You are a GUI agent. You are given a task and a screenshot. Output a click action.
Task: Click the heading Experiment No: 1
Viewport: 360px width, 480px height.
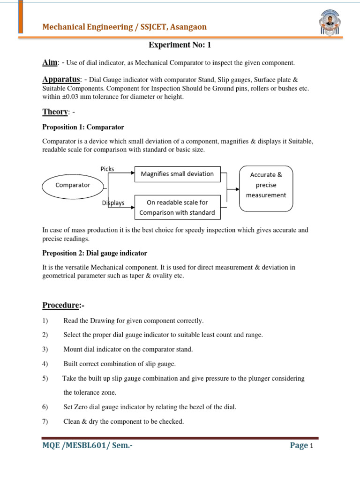pyautogui.click(x=177, y=45)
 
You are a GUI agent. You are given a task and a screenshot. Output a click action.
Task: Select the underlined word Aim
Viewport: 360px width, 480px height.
pyautogui.click(x=50, y=62)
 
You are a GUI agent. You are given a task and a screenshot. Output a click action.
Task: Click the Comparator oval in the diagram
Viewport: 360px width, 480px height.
pyautogui.click(x=73, y=185)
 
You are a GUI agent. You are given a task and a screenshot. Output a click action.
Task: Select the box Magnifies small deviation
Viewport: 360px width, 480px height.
pyautogui.click(x=177, y=174)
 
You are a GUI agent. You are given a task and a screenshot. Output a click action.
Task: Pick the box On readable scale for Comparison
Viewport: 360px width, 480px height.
pyautogui.click(x=177, y=207)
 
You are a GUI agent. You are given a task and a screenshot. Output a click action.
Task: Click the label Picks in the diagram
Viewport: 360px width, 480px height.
pyautogui.click(x=107, y=169)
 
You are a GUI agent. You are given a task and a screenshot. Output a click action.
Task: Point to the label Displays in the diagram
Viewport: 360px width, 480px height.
pyautogui.click(x=113, y=203)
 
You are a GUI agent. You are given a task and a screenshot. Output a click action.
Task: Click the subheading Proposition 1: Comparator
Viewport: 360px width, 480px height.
pyautogui.click(x=83, y=127)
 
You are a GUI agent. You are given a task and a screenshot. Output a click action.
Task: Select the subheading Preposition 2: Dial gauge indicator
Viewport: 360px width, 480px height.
pyautogui.click(x=95, y=253)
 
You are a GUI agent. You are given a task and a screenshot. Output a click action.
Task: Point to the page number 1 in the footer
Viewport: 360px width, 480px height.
pyautogui.click(x=311, y=447)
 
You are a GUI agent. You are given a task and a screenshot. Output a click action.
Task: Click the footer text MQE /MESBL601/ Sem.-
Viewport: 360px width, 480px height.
pyautogui.click(x=87, y=446)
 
